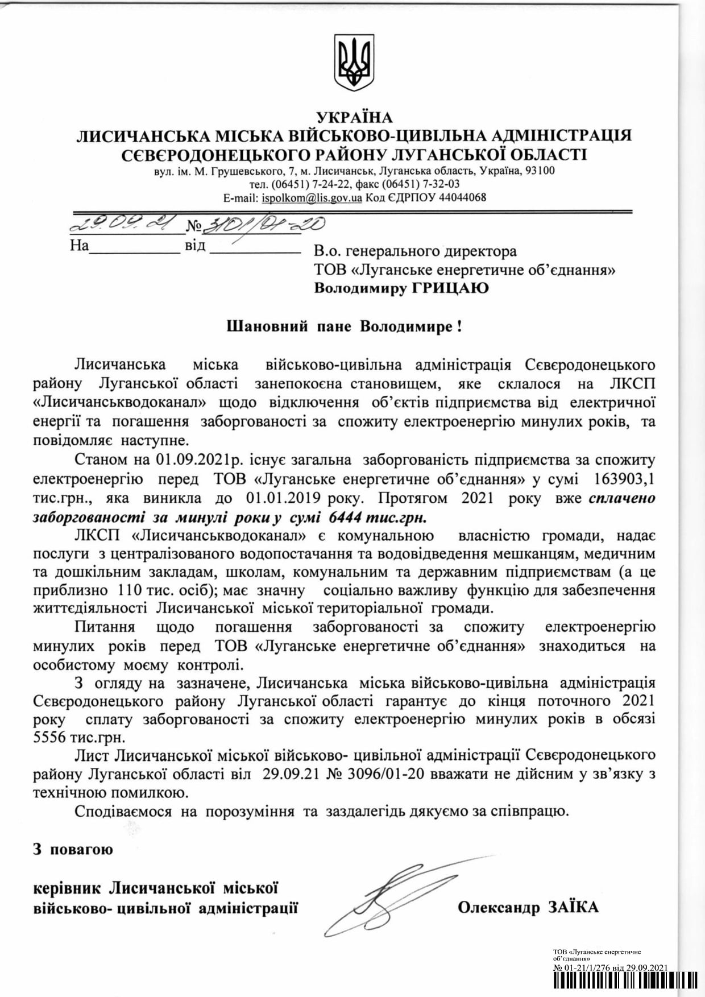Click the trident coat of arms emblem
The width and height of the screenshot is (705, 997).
[x=354, y=62]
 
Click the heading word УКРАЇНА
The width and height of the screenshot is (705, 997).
[x=354, y=117]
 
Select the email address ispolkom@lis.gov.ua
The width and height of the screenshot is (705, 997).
[x=312, y=198]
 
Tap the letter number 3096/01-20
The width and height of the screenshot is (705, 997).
[x=381, y=774]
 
